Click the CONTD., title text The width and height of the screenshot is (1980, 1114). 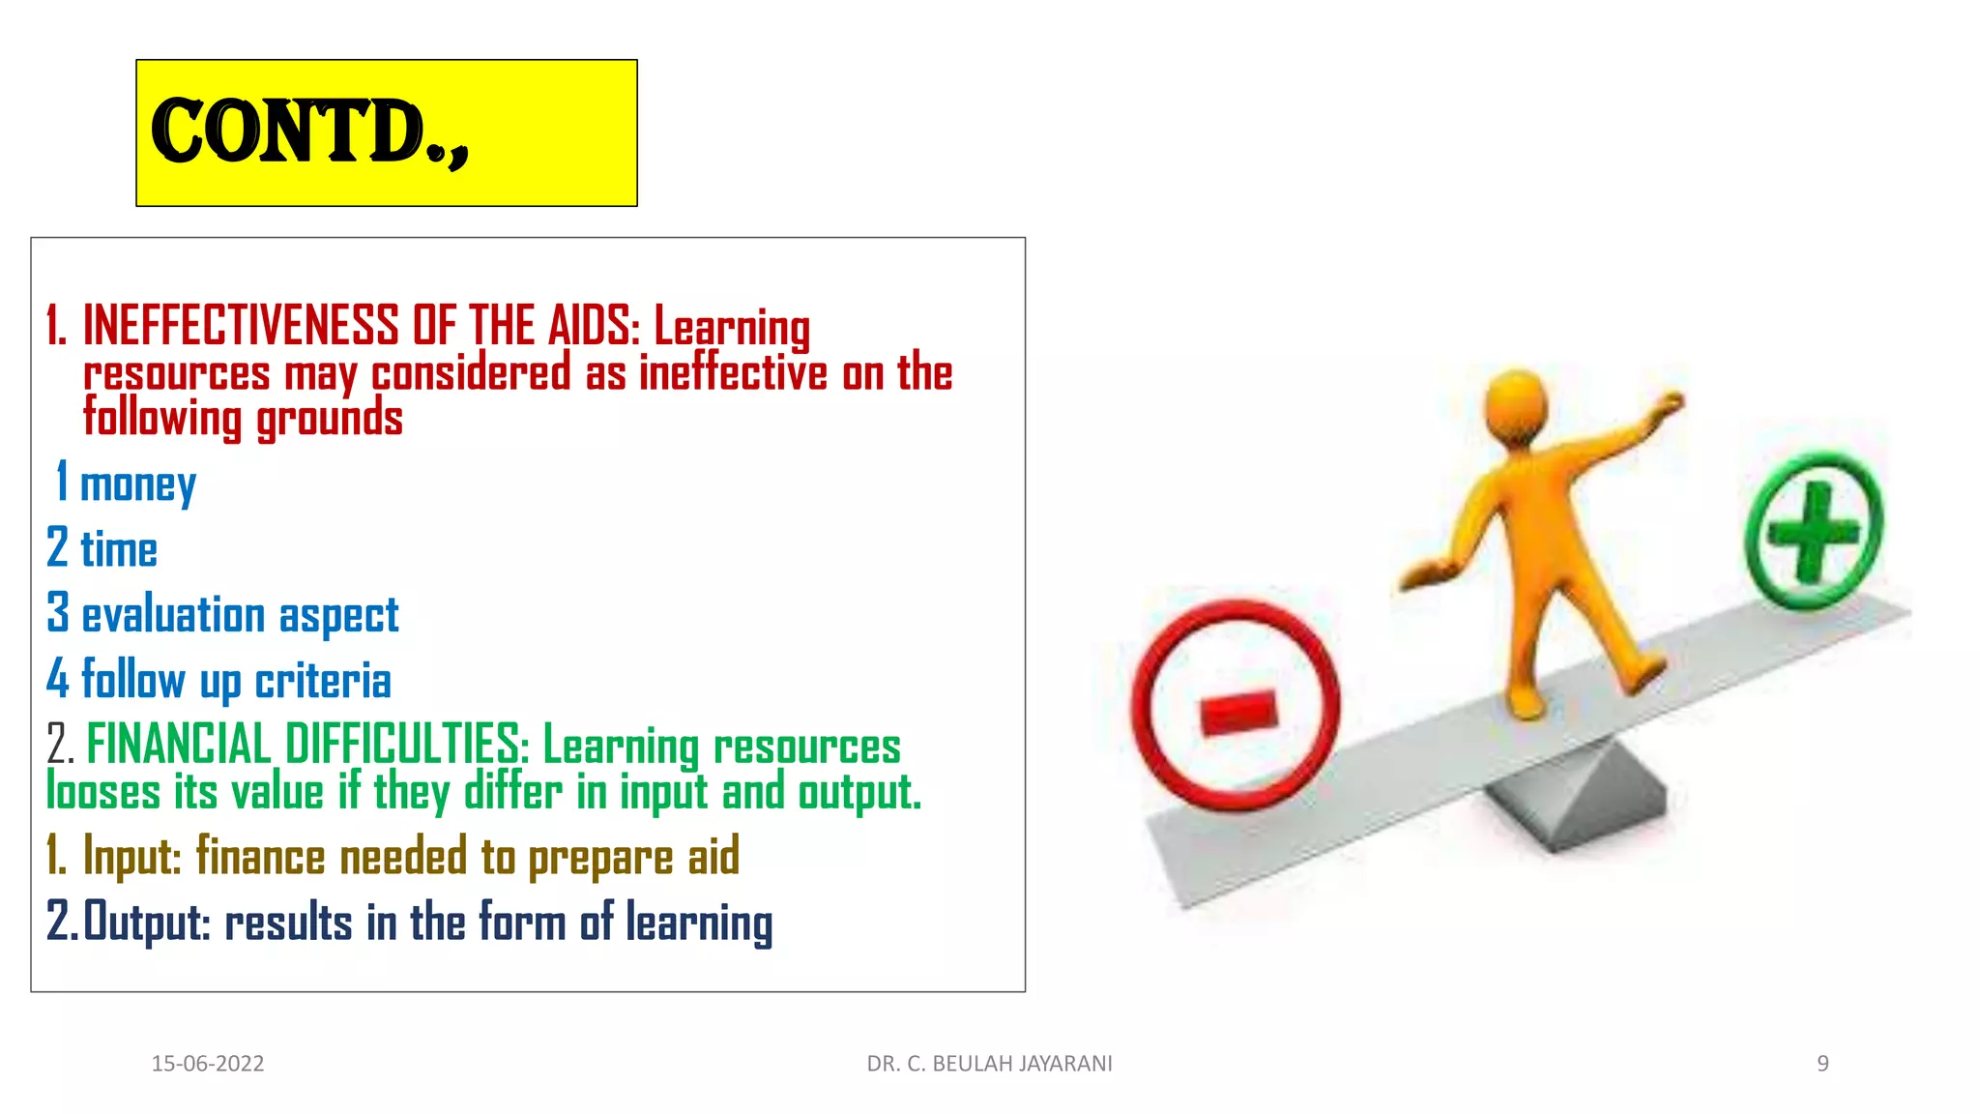[309, 132]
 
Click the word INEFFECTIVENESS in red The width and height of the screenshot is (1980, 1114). [240, 325]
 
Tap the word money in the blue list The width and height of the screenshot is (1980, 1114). [137, 484]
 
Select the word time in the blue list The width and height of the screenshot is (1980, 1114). [118, 550]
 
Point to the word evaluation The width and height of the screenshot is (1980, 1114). [173, 615]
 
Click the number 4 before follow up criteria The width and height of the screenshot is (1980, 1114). [58, 678]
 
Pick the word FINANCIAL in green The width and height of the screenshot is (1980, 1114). [179, 745]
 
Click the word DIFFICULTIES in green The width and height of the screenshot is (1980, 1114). [406, 745]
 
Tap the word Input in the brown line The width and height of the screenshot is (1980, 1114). [131, 857]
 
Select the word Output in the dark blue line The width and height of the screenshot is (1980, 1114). [146, 922]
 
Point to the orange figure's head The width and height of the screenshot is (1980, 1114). [1516, 406]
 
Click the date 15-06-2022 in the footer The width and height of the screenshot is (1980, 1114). [207, 1064]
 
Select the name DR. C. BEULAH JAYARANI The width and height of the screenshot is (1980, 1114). [989, 1064]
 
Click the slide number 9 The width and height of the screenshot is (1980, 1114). [1822, 1064]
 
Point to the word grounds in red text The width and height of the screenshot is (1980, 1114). [329, 420]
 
